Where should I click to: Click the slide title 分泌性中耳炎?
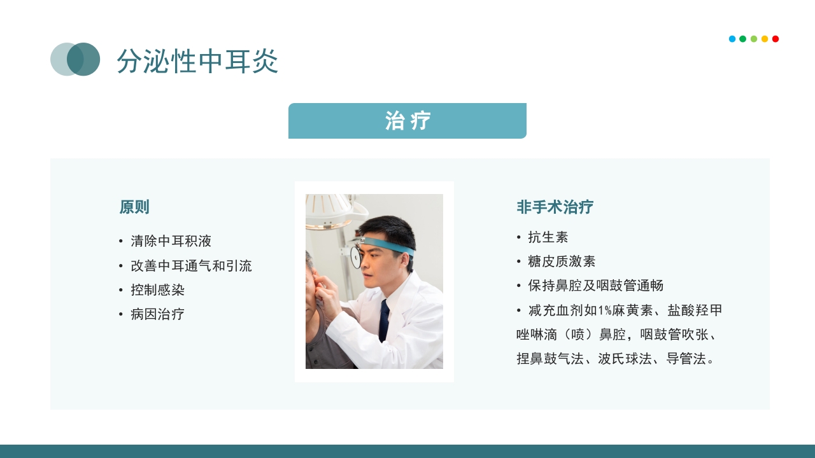pos(197,61)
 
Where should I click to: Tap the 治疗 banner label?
pos(407,121)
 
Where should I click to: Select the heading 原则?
pos(134,207)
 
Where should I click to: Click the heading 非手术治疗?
pos(555,207)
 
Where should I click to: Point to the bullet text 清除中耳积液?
pos(171,242)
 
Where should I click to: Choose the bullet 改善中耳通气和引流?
pos(191,266)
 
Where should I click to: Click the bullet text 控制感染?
pos(157,290)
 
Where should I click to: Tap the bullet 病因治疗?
pos(157,314)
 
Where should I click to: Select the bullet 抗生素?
pos(548,237)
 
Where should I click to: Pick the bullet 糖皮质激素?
pos(562,261)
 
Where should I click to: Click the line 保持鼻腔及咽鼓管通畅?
pos(595,286)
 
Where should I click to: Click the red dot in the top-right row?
pos(776,39)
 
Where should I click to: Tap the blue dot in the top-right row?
pos(732,39)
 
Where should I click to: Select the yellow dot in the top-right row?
pos(765,39)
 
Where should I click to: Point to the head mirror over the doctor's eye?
pos(355,256)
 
